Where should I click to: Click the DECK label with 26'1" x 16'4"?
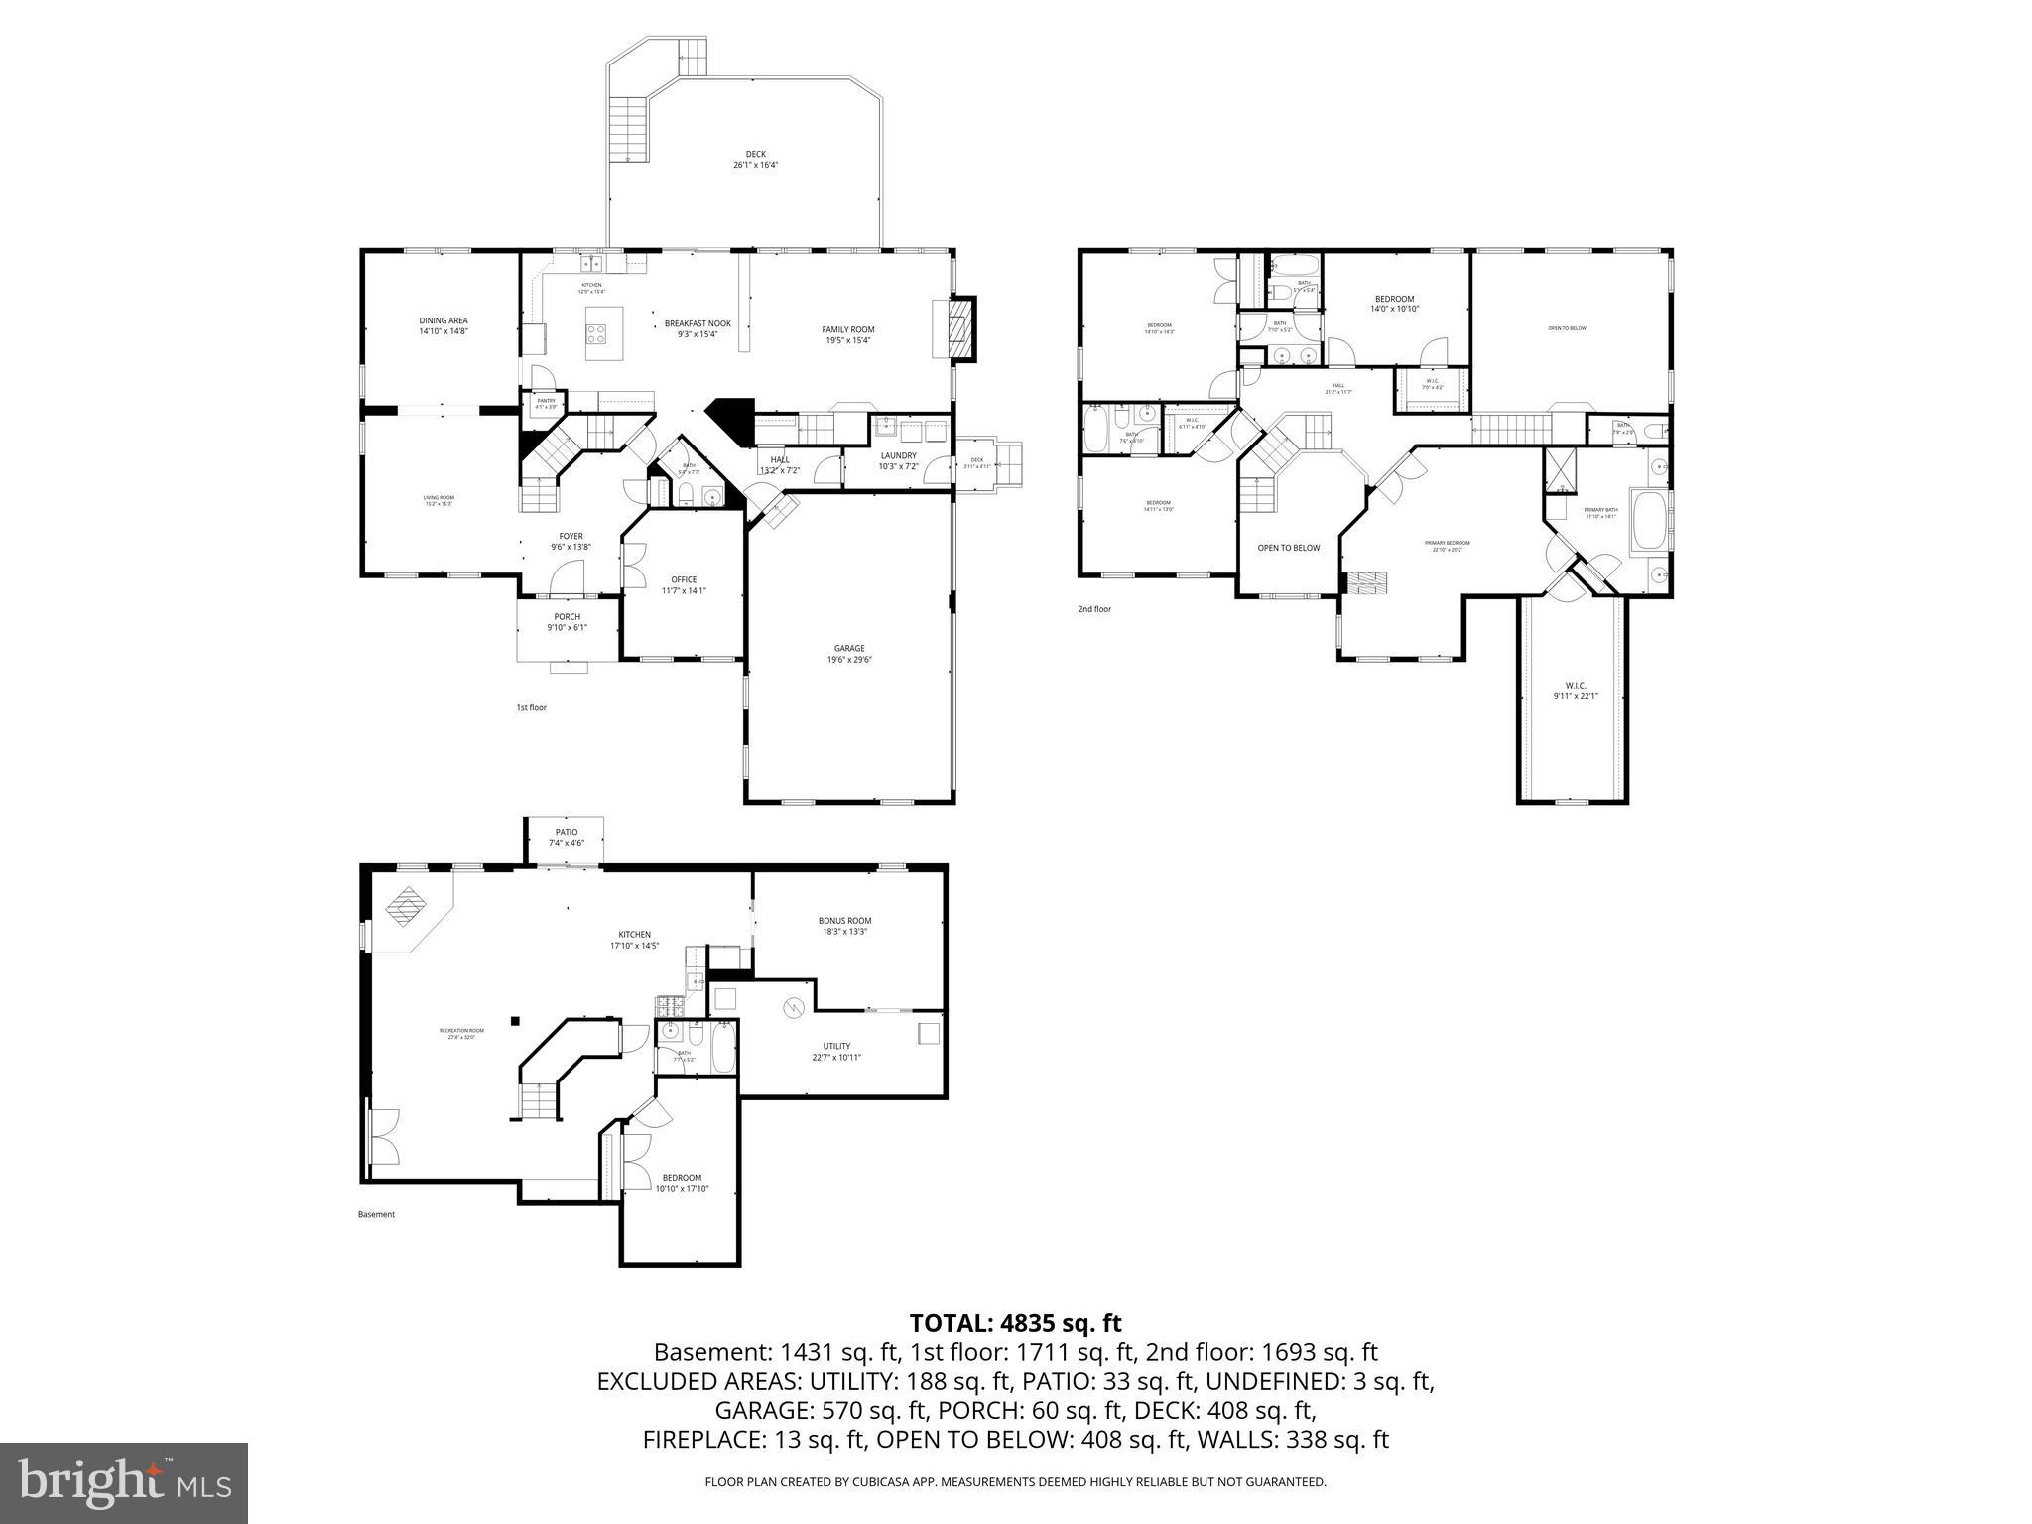[755, 159]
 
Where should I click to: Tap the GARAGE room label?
[849, 654]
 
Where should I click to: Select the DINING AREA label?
[443, 325]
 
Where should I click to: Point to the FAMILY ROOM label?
[847, 334]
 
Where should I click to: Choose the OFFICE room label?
[684, 585]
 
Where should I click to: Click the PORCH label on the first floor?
[568, 622]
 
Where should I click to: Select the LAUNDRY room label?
[898, 460]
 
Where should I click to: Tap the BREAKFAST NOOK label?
[698, 328]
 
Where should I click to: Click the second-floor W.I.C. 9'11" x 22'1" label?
[1576, 690]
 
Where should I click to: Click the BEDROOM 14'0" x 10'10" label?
[1394, 304]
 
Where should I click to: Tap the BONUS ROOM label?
[844, 926]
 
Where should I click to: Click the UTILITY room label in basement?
[836, 1051]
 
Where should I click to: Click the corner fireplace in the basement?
[406, 907]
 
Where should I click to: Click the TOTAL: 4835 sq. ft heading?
[1015, 1323]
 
